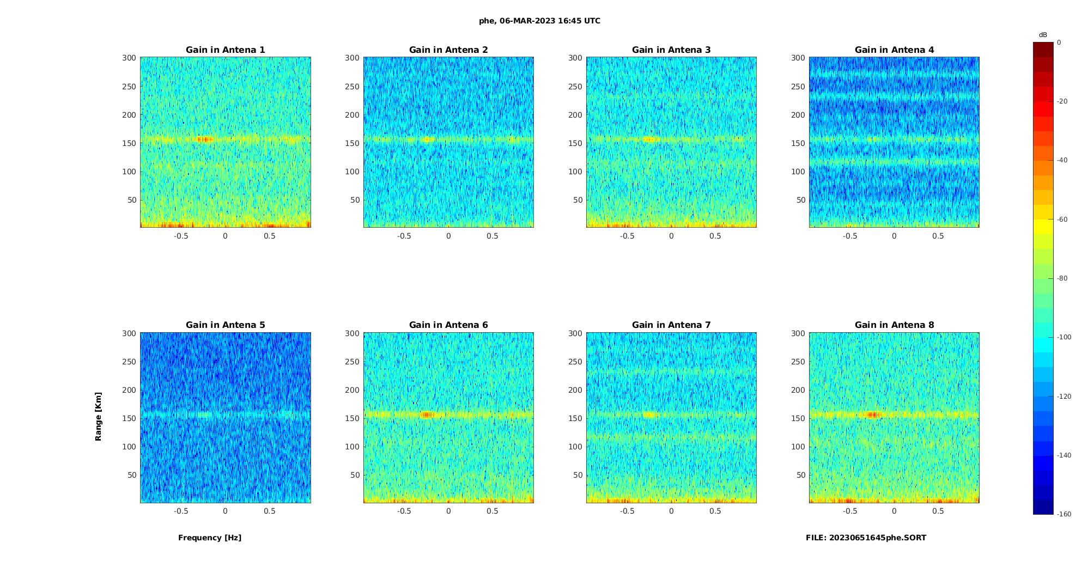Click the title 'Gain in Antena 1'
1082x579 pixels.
225,50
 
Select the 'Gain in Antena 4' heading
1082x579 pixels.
894,50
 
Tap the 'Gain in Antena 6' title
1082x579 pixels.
448,325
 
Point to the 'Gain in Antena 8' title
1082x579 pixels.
894,325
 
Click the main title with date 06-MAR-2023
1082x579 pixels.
539,21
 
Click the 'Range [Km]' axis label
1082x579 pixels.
99,416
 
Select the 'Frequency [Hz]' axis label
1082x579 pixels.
210,538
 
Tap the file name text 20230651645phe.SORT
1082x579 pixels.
866,538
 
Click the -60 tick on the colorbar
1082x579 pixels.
1062,220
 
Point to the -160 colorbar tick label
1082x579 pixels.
1063,514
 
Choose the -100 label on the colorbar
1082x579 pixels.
1063,337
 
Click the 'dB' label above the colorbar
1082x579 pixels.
1043,35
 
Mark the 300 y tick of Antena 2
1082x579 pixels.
352,58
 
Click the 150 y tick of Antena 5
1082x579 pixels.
129,418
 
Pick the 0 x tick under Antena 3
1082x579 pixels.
671,236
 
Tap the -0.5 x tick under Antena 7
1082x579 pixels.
627,511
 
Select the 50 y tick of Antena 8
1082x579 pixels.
800,475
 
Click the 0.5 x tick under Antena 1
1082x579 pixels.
269,236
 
